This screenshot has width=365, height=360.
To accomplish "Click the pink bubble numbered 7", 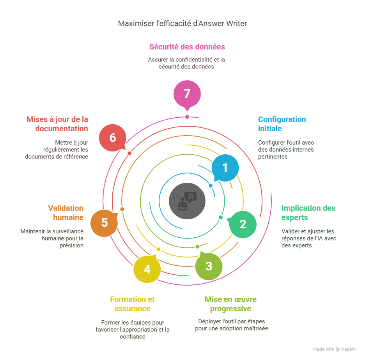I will point(187,94).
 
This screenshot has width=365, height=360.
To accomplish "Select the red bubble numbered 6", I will point(112,138).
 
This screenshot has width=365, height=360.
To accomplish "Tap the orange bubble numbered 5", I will point(104,223).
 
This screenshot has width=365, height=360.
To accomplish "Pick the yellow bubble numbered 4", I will point(147,269).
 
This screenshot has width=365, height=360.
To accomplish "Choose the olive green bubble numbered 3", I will point(209,266).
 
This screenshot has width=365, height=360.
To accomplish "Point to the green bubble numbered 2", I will point(243,224).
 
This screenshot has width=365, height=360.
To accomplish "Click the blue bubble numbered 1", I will point(225,168).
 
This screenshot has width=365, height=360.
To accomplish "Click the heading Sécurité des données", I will point(187,47).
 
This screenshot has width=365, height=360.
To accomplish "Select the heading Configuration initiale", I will point(282,124).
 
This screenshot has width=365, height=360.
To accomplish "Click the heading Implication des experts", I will point(308,213).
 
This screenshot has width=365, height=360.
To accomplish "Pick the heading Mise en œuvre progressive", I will point(230,304).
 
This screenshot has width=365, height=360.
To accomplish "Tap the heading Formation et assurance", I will point(132,304).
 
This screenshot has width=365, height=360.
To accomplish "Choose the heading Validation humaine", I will point(66,213).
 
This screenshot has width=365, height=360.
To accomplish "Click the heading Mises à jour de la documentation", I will point(57,124).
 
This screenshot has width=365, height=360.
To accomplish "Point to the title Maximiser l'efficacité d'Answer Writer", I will point(182,24).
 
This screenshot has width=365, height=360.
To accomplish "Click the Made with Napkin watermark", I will point(334,349).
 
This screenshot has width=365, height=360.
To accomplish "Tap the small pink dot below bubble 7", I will point(187,117).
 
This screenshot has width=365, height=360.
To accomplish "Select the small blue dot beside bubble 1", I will point(211,186).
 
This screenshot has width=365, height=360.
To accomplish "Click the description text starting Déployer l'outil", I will point(231,325).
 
